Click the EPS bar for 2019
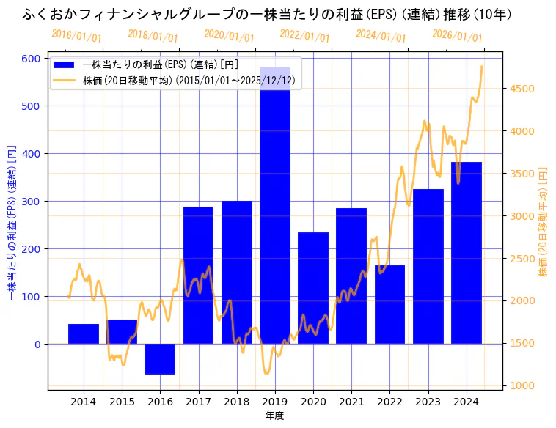click(x=275, y=205)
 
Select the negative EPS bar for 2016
click(x=160, y=359)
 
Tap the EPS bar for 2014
click(x=84, y=333)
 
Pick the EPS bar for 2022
click(x=389, y=304)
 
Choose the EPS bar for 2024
click(x=467, y=253)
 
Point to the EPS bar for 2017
click(x=198, y=275)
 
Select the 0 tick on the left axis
click(x=40, y=344)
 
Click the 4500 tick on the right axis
click(x=522, y=89)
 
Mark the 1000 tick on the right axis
click(x=522, y=385)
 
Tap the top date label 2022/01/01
click(x=305, y=36)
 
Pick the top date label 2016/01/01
click(x=76, y=36)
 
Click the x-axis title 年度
click(x=275, y=416)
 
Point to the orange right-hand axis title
click(x=544, y=220)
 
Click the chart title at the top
click(x=267, y=14)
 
